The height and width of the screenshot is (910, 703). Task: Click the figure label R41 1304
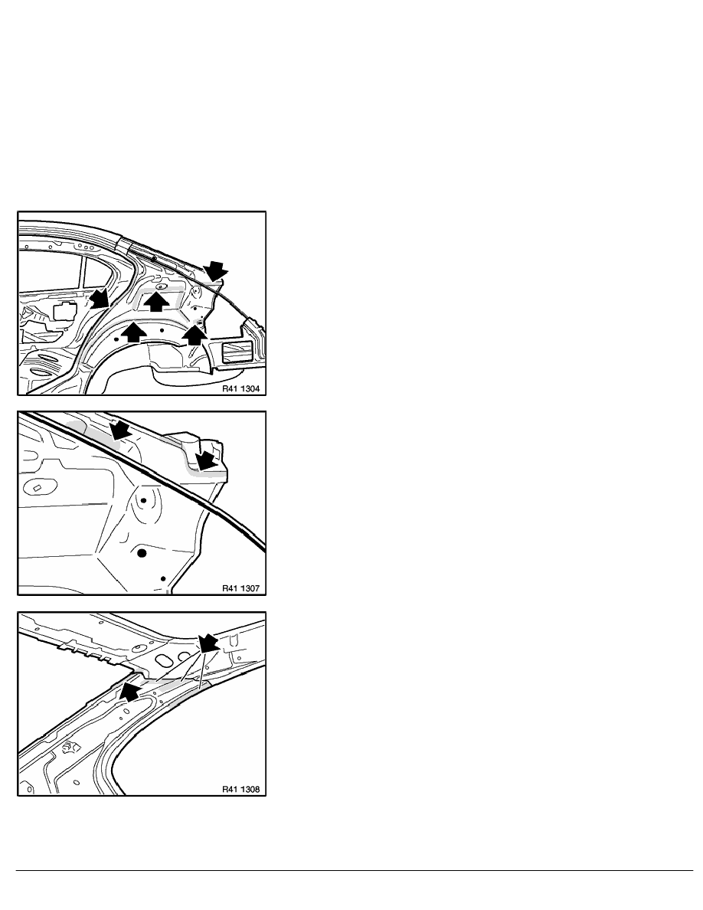pos(240,389)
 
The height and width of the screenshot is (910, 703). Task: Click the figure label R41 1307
pos(240,588)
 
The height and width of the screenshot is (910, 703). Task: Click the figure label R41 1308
pos(240,789)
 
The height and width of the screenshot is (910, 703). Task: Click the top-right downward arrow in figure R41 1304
pos(216,270)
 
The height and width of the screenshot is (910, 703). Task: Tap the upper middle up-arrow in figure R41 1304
pos(157,302)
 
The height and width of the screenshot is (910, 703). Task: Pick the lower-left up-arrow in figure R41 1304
pos(133,332)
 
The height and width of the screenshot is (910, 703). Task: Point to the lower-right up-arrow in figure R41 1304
pos(195,335)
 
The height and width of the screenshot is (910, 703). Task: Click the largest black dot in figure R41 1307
pos(142,553)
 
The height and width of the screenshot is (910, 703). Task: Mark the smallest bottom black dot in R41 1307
pos(164,578)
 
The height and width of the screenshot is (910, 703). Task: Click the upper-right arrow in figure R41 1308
pos(209,643)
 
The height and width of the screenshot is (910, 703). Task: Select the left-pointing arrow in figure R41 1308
pos(132,691)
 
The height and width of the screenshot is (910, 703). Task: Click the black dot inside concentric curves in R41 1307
pos(143,499)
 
